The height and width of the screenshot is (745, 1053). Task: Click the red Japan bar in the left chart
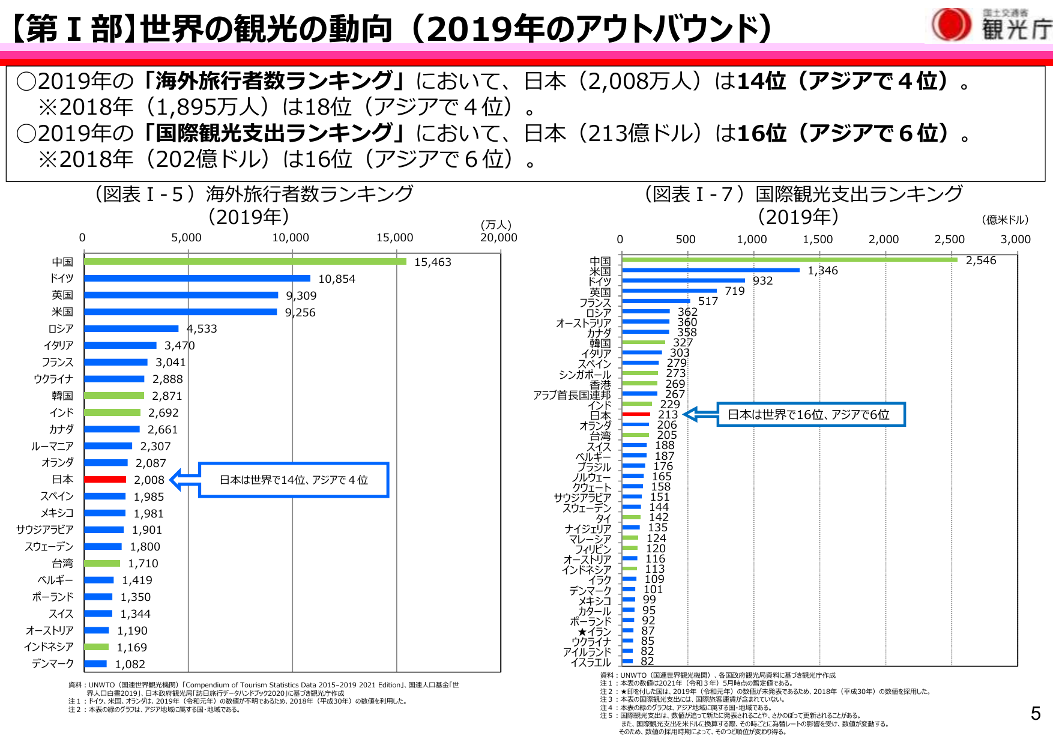(x=105, y=480)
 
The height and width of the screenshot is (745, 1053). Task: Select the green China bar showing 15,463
(x=245, y=262)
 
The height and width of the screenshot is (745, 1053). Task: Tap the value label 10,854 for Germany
(x=337, y=279)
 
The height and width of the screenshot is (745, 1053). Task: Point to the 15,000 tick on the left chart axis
(x=394, y=238)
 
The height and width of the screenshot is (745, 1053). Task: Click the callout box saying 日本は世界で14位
(x=294, y=480)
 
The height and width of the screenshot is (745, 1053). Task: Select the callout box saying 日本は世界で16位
(x=810, y=414)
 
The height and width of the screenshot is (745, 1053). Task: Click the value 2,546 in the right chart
(x=980, y=261)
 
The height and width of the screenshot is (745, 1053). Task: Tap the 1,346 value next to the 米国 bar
(x=822, y=271)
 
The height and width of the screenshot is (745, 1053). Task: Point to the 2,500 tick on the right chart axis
(x=949, y=240)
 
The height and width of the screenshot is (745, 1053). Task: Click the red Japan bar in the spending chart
(x=636, y=414)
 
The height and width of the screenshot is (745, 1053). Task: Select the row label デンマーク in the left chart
(x=53, y=664)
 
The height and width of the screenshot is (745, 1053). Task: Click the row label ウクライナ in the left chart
(x=53, y=379)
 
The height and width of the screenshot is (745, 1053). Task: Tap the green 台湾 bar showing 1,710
(x=102, y=564)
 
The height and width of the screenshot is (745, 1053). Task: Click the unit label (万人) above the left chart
(x=496, y=225)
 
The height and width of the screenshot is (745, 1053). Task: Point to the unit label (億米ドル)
(x=1005, y=220)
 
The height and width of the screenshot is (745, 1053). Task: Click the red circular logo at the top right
(x=951, y=25)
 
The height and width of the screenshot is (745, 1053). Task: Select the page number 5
(x=1035, y=713)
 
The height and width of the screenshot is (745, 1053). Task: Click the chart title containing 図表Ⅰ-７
(x=803, y=195)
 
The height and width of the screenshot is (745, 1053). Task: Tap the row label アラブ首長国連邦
(x=572, y=395)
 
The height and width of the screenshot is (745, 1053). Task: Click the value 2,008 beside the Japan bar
(x=149, y=480)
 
